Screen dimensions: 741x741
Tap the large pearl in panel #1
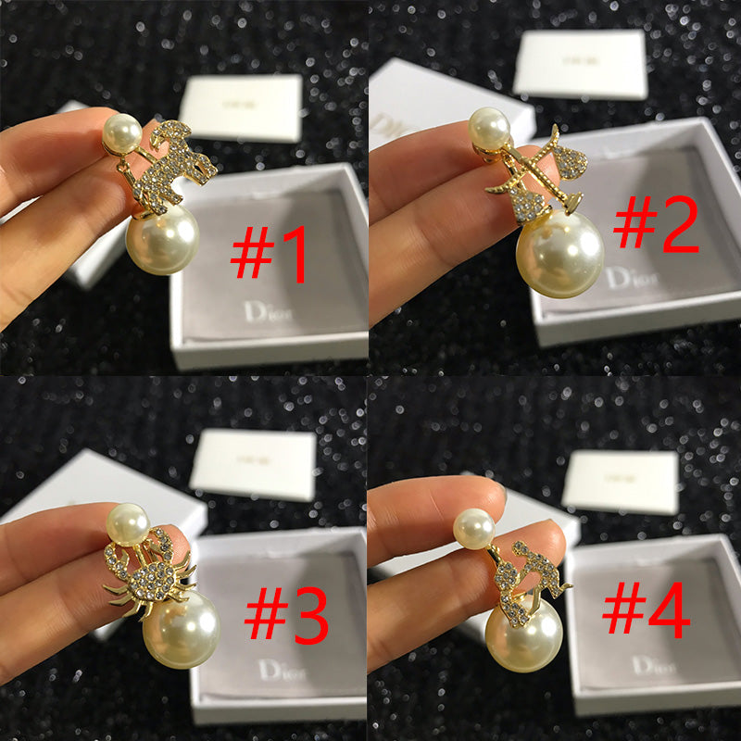[163, 239]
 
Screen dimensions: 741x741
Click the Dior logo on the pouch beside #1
[268, 312]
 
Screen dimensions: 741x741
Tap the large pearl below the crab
[181, 629]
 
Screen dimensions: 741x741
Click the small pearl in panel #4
[473, 528]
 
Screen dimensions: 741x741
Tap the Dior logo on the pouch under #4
[655, 665]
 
